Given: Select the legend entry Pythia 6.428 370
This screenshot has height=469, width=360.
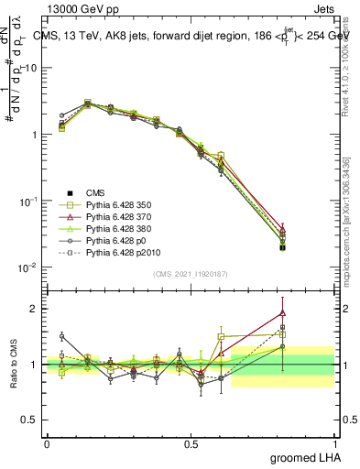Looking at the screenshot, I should pyautogui.click(x=116, y=217).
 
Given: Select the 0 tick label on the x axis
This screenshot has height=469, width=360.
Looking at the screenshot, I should pyautogui.click(x=46, y=442).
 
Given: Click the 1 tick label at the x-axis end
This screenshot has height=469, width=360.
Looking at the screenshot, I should pyautogui.click(x=336, y=442).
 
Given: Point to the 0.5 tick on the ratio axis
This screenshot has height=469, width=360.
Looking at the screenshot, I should pyautogui.click(x=29, y=420).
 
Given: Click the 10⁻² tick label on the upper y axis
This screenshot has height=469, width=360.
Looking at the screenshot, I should pyautogui.click(x=27, y=267).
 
